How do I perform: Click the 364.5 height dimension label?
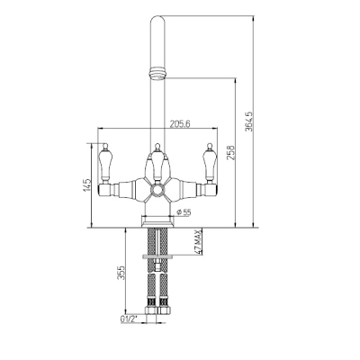point(248,121)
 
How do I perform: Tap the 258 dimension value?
point(231,152)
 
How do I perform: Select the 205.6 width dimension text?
point(181,123)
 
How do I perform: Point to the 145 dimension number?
point(87,185)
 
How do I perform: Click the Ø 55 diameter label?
point(184,212)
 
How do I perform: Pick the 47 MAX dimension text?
point(197,242)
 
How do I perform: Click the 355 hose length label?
point(121,273)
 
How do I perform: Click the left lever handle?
point(105,163)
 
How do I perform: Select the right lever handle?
point(210,163)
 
